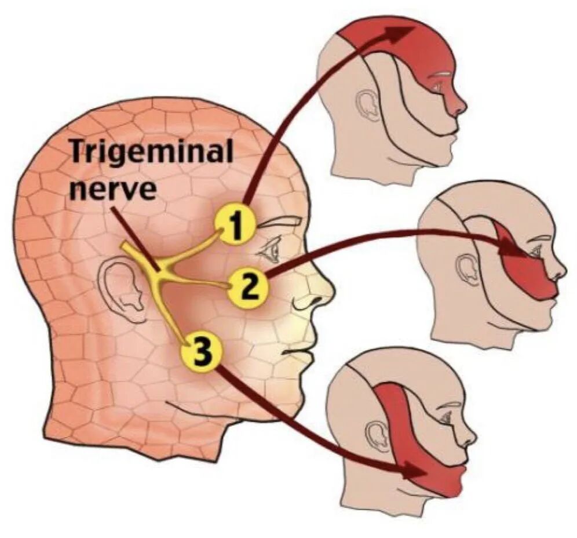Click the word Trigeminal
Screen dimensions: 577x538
click(152, 152)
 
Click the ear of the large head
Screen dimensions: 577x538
click(123, 288)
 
